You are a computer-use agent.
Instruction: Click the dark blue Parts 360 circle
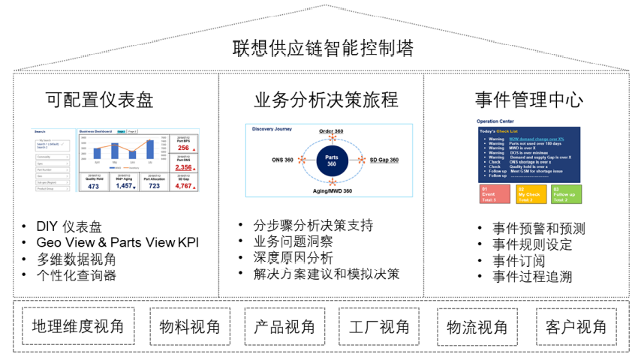click(x=327, y=160)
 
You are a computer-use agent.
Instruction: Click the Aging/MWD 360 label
click(x=326, y=192)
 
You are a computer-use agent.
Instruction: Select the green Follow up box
click(x=564, y=194)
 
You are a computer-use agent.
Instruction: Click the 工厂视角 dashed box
click(x=380, y=326)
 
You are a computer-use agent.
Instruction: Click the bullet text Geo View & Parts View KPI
click(x=118, y=242)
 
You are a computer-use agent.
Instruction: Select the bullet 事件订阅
click(x=519, y=260)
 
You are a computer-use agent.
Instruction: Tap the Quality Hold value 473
click(x=93, y=186)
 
